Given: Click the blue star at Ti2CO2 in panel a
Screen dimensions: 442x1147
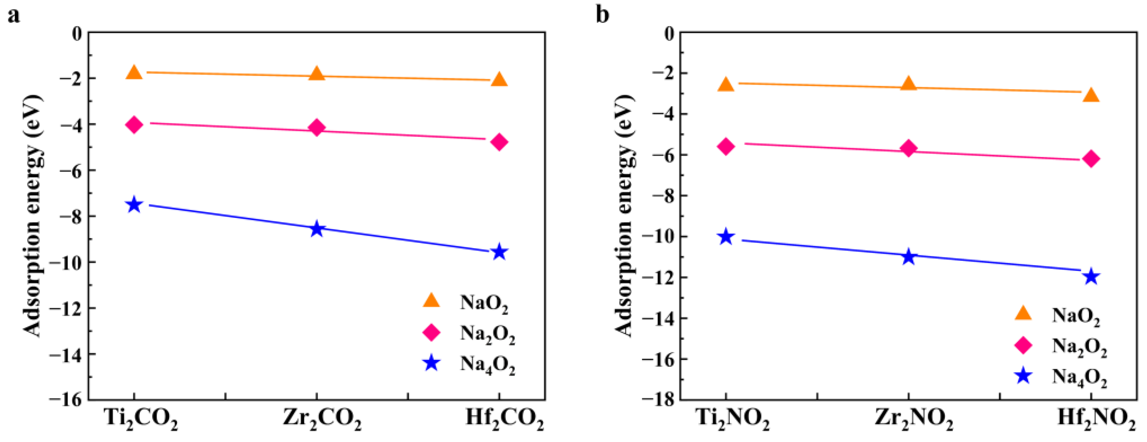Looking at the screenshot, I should click(134, 205).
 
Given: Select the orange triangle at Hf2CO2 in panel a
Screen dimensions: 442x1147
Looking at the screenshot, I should click(499, 80).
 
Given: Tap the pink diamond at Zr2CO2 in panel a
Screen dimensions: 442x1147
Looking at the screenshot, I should click(316, 128).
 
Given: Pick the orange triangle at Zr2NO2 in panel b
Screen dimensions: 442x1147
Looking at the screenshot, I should click(908, 84).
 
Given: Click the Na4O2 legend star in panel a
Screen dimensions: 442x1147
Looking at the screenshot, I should click(431, 363).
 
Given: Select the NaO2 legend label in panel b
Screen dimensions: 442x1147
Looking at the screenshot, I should click(1076, 316).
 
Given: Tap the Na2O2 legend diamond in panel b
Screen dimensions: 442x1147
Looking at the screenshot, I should click(1023, 345).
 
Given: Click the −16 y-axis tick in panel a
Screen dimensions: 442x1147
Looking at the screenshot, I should click(66, 399).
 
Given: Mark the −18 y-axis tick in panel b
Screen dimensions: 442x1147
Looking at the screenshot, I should click(658, 399).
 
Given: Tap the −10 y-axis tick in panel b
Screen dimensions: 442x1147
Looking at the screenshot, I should click(658, 236).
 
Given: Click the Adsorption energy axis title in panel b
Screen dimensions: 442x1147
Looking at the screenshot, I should click(624, 216).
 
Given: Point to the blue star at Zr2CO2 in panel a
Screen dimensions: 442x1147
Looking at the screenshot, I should click(316, 229).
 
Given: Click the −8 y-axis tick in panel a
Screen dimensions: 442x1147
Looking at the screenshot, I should click(71, 216).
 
